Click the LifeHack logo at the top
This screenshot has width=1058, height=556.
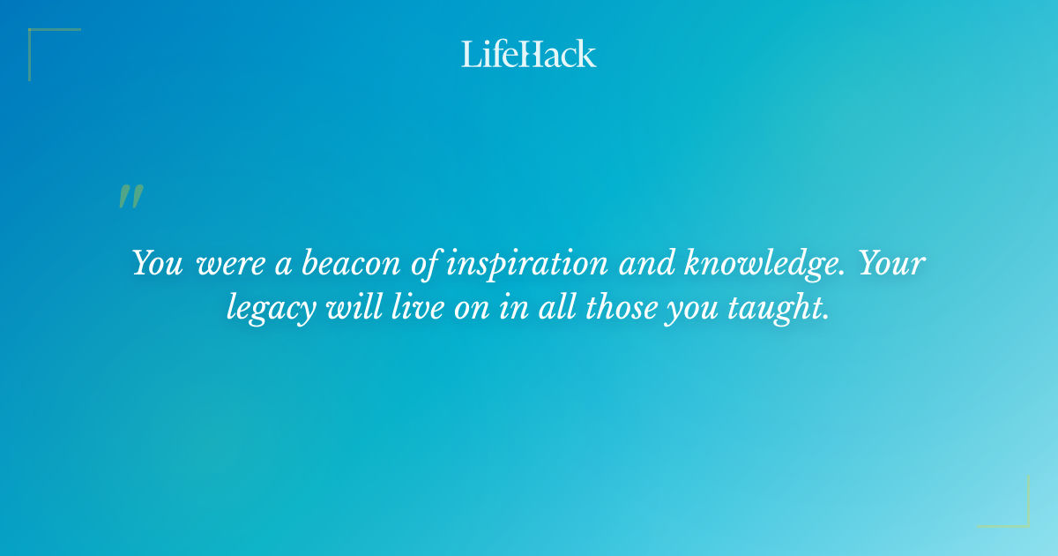(529, 54)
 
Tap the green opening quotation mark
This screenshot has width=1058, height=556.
(130, 197)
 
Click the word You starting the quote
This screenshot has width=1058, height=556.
(157, 263)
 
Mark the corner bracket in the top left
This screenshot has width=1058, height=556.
(53, 53)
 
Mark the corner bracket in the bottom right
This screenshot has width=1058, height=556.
(1004, 502)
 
